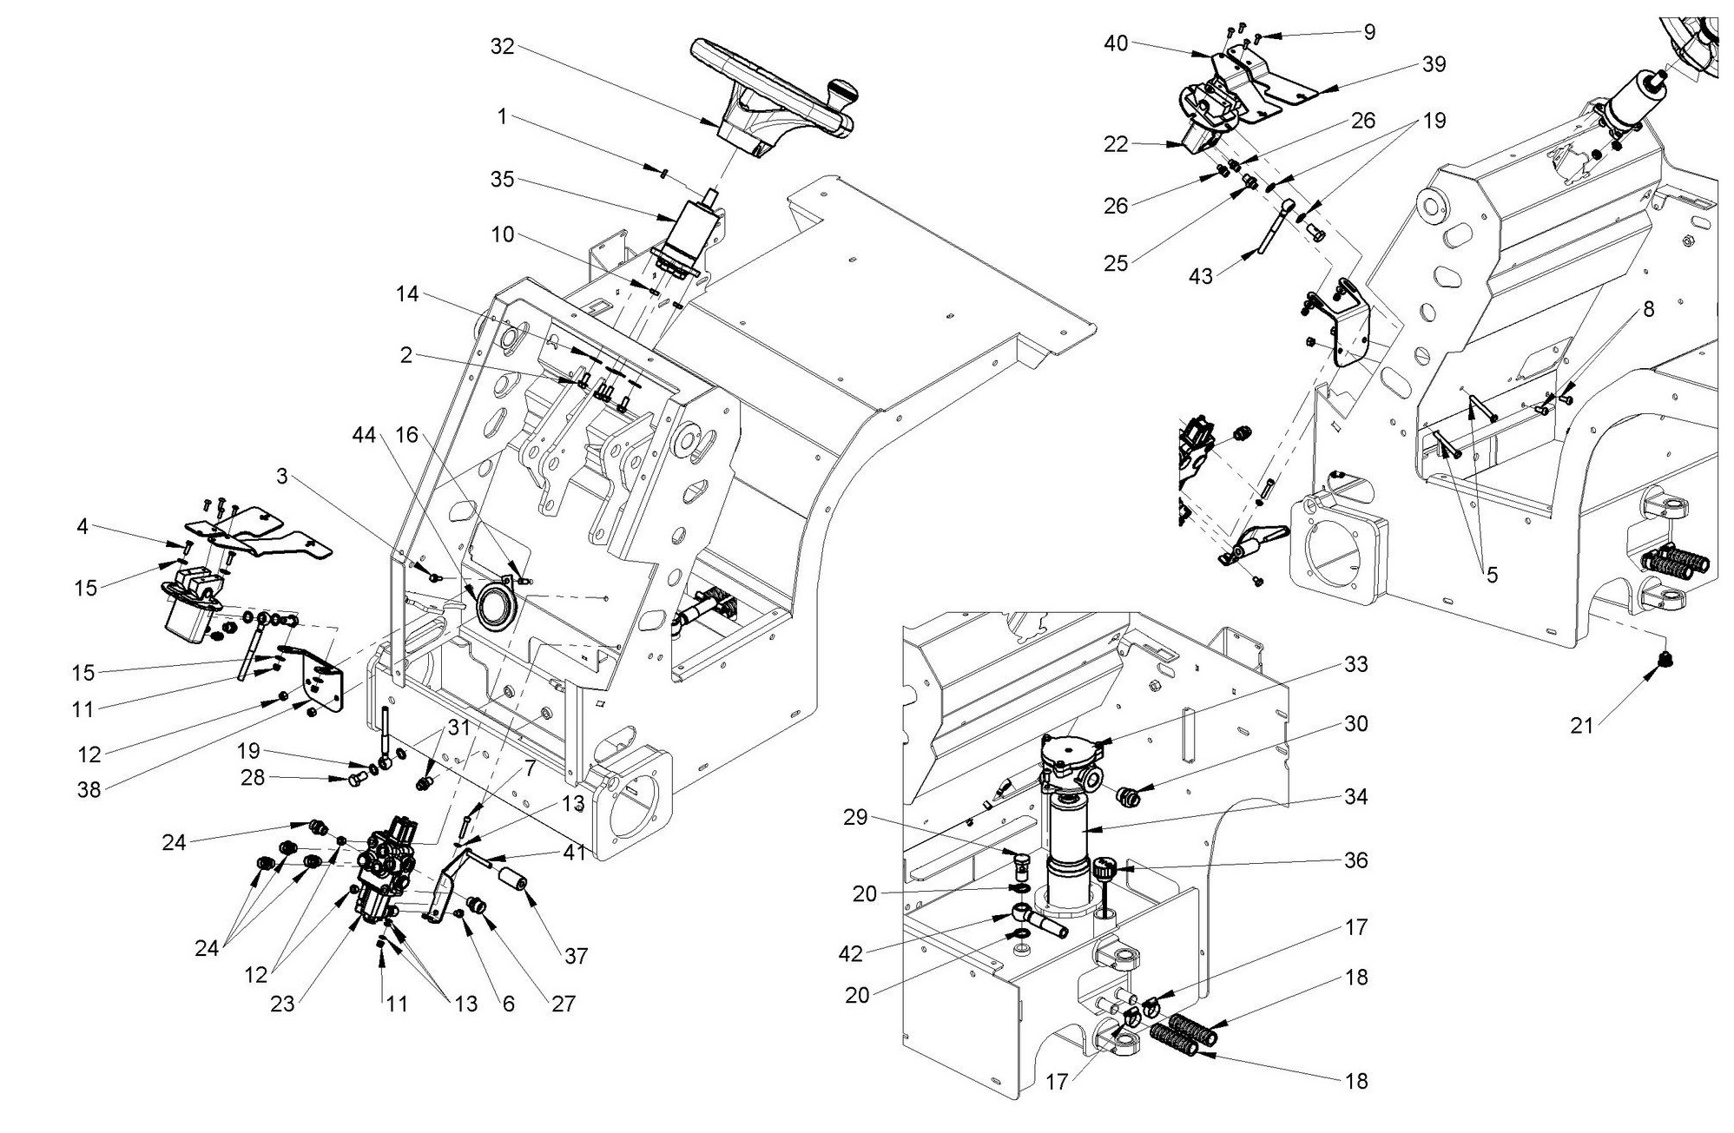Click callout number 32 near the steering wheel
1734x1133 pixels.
pyautogui.click(x=502, y=46)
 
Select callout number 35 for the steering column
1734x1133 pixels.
pyautogui.click(x=502, y=180)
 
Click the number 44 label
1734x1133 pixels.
pyautogui.click(x=365, y=435)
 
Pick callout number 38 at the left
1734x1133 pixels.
pyautogui.click(x=89, y=789)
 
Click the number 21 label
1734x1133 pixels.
pyautogui.click(x=1581, y=724)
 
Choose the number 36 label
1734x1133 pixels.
pyautogui.click(x=1355, y=860)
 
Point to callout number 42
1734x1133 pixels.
pyautogui.click(x=851, y=953)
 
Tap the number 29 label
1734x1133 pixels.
pyautogui.click(x=855, y=817)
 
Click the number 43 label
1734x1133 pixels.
pyautogui.click(x=1201, y=275)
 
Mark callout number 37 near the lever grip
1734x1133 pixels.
pyautogui.click(x=576, y=956)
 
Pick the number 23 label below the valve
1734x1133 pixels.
pyautogui.click(x=282, y=1003)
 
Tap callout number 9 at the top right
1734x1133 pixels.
pyautogui.click(x=1369, y=32)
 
